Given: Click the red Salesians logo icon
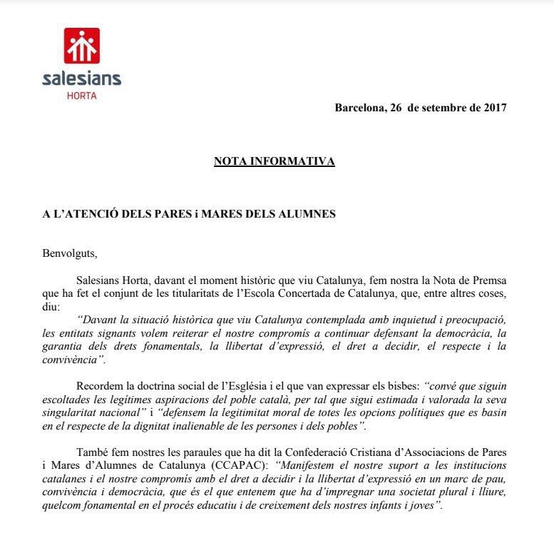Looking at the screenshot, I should (x=82, y=46).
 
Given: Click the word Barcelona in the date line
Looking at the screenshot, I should (x=360, y=108).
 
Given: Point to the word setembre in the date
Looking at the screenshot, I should (x=443, y=108).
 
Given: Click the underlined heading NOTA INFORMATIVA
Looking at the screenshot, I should (x=274, y=161).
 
